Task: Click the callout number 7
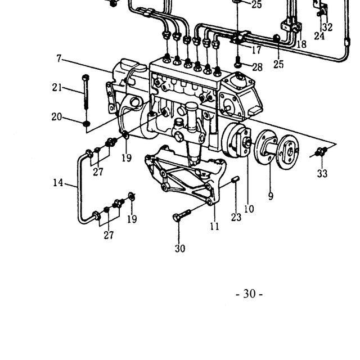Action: pyautogui.click(x=59, y=58)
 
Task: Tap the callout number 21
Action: pyautogui.click(x=57, y=88)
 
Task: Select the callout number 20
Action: pyautogui.click(x=57, y=117)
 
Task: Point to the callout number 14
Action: pyautogui.click(x=58, y=183)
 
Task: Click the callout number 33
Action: pyautogui.click(x=322, y=173)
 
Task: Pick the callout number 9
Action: pyautogui.click(x=271, y=196)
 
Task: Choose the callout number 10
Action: pyautogui.click(x=249, y=209)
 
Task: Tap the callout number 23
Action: pyautogui.click(x=236, y=217)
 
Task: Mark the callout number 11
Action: pyautogui.click(x=215, y=226)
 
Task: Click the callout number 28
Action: pyautogui.click(x=257, y=67)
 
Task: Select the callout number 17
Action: pyautogui.click(x=256, y=50)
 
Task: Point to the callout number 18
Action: pyautogui.click(x=301, y=44)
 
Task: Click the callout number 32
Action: pyautogui.click(x=327, y=27)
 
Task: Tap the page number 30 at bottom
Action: pyautogui.click(x=249, y=294)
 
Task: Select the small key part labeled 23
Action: pyautogui.click(x=236, y=179)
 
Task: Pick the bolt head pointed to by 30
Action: pyautogui.click(x=176, y=217)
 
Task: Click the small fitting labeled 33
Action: pyautogui.click(x=321, y=151)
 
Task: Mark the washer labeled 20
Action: pyautogui.click(x=86, y=124)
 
